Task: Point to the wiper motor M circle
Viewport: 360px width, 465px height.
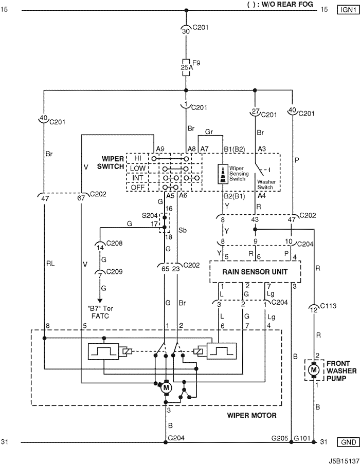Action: point(166,388)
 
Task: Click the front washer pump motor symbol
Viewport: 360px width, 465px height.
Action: point(313,369)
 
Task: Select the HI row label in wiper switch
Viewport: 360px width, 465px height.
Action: point(137,158)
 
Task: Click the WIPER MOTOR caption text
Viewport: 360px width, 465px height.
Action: point(253,415)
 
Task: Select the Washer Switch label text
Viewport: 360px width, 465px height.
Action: point(267,185)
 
